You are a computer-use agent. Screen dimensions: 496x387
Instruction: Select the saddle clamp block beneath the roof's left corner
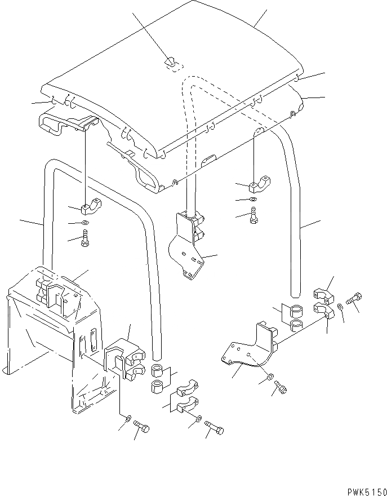pyautogui.click(x=91, y=207)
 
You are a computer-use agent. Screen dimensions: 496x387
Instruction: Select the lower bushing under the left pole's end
pyautogui.click(x=157, y=387)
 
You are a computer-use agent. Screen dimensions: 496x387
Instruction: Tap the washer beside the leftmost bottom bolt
pyautogui.click(x=129, y=418)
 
